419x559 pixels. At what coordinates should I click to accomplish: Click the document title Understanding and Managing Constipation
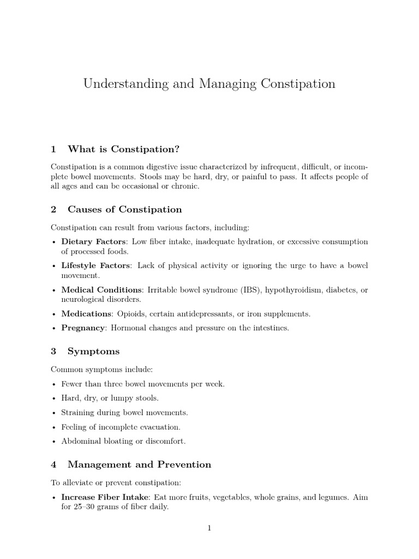click(209, 84)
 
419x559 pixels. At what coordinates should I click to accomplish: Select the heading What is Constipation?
click(123, 149)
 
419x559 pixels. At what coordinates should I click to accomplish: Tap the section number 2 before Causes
click(53, 209)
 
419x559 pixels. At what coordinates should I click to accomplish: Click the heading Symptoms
click(93, 351)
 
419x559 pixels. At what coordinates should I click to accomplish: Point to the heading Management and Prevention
click(139, 465)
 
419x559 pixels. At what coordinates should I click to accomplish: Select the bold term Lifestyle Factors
click(95, 265)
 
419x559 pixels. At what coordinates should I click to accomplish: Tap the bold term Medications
click(86, 313)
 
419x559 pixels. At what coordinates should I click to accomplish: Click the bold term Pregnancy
click(83, 328)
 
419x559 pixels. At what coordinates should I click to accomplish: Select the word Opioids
click(130, 313)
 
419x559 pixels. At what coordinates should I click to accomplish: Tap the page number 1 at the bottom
click(209, 528)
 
